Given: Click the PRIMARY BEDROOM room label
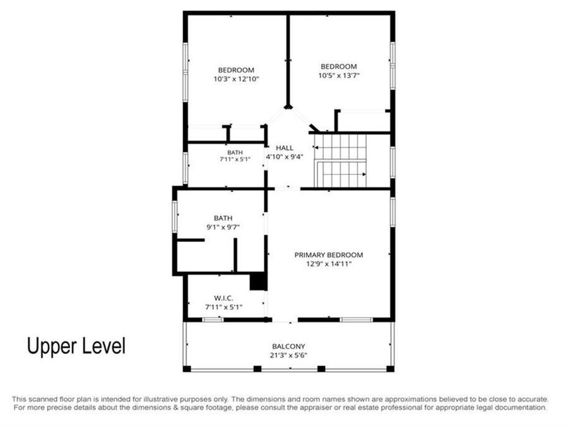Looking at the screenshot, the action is click(329, 255).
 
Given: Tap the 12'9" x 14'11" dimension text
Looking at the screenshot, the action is click(329, 264).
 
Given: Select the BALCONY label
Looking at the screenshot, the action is click(288, 346).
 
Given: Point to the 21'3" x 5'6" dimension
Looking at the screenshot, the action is click(288, 355).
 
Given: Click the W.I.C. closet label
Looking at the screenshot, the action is click(223, 298).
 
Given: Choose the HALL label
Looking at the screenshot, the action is click(285, 148).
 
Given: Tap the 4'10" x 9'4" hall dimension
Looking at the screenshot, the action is click(285, 157).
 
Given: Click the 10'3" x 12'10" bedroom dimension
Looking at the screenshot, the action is click(236, 79).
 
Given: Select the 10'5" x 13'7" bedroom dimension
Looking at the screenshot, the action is click(339, 76).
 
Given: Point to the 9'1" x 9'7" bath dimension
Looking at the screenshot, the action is click(223, 227).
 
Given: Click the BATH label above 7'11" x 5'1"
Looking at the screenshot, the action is click(235, 153).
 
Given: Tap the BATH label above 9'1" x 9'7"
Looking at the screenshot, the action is click(223, 218).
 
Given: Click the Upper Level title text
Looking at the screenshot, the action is click(76, 346).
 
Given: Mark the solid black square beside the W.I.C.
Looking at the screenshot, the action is click(258, 281).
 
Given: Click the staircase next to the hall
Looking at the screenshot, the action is click(340, 161).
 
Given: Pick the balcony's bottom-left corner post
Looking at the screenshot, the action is click(187, 369).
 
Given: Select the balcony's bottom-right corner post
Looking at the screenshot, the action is click(390, 369).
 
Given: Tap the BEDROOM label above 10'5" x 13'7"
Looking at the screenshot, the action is click(339, 67).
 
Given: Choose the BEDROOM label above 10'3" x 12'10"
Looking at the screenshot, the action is click(236, 70).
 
